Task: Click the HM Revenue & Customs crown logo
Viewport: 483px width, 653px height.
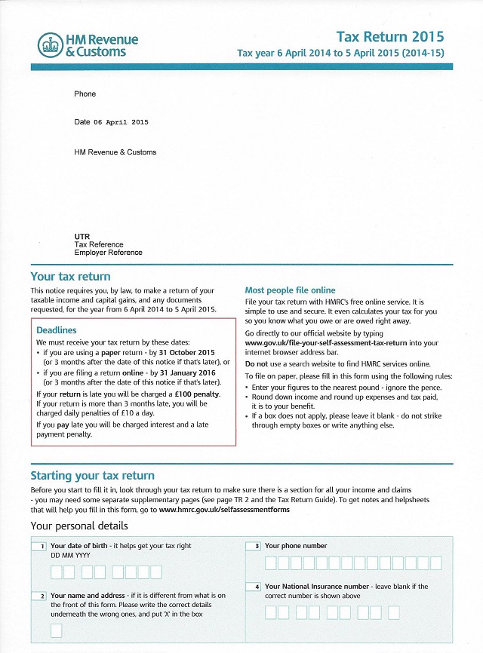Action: (50, 44)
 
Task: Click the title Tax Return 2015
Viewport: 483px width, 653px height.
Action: (390, 37)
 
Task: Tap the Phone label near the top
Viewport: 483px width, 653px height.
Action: (85, 94)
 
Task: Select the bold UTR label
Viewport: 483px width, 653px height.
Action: (82, 237)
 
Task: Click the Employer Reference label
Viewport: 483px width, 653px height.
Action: (108, 253)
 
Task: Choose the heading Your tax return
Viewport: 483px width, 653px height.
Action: (70, 277)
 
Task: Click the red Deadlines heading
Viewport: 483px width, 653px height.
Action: (57, 330)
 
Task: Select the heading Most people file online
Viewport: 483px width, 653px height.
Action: (291, 290)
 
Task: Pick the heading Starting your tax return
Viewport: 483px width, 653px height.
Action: (92, 476)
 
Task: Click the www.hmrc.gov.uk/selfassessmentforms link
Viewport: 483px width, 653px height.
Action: (224, 510)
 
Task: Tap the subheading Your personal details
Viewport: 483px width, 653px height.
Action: (79, 526)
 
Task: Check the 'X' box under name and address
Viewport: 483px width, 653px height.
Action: (57, 630)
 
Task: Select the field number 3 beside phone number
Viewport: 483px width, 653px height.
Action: (257, 546)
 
